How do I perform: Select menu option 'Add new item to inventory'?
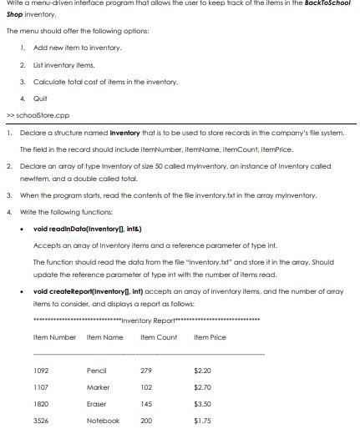78,48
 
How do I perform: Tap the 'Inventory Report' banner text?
147,321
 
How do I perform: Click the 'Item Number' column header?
54,337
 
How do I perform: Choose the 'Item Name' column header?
105,337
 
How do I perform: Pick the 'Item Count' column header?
159,337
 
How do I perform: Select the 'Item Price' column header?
210,337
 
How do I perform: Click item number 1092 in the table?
40,370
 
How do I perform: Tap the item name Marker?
98,386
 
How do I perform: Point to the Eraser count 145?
147,403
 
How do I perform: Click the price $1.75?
202,421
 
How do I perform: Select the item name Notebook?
103,421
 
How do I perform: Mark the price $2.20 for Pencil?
202,370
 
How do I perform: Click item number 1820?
40,403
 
